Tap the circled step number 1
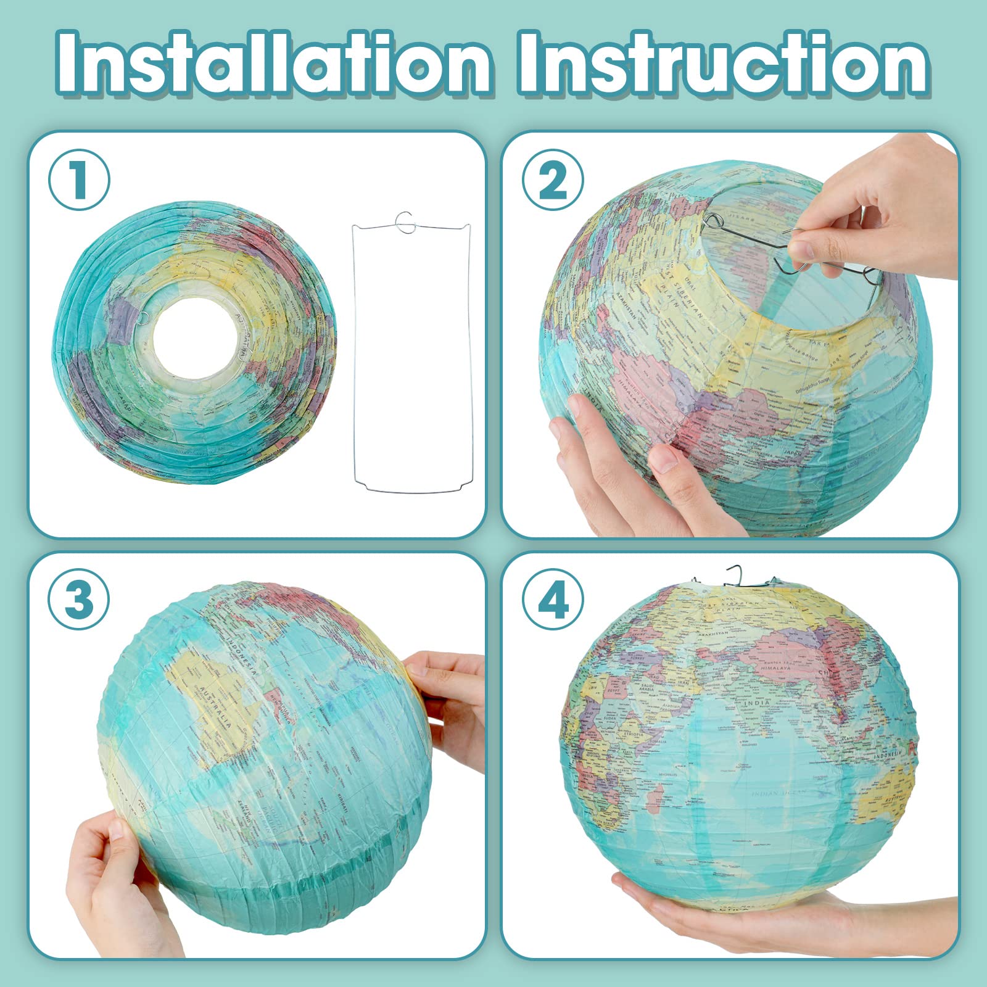point(79,180)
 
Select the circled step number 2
point(553,180)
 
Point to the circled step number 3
point(79,598)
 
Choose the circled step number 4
point(553,598)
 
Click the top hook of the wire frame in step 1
point(405,222)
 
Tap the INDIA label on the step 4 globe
point(757,703)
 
